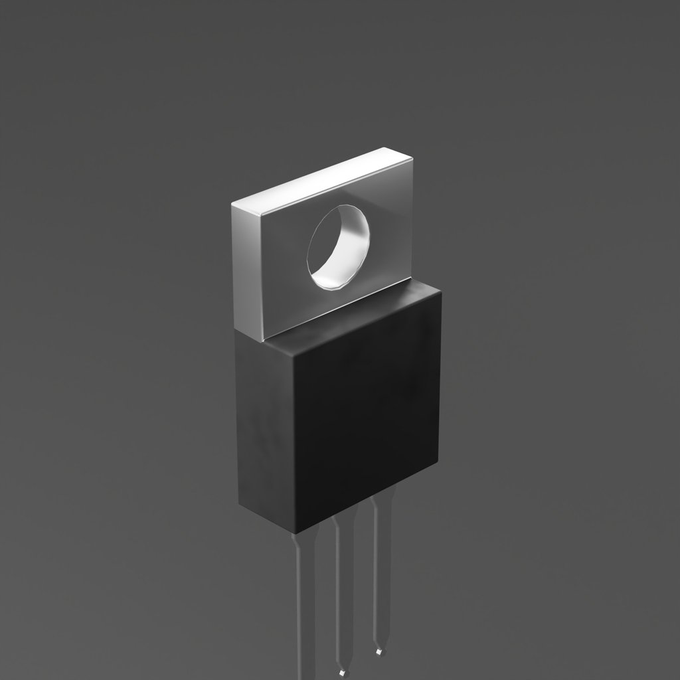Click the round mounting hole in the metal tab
point(338,247)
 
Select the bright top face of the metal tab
point(322,179)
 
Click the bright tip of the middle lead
point(343,673)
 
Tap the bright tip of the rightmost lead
point(379,651)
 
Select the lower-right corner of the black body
point(438,462)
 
